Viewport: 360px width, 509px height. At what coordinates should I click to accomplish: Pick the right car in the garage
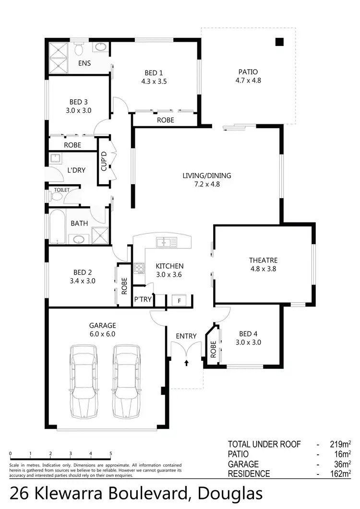(127, 381)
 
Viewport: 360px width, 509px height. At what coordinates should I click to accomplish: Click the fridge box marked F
(179, 301)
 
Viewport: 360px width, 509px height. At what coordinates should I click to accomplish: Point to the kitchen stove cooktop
(139, 268)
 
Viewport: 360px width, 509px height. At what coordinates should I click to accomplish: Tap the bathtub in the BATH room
(57, 226)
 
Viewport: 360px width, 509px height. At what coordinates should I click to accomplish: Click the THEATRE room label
(263, 260)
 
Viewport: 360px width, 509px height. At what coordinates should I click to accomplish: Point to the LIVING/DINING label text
(206, 176)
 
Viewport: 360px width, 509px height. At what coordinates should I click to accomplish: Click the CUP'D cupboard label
(103, 161)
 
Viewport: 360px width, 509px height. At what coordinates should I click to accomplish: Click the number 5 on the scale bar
(111, 454)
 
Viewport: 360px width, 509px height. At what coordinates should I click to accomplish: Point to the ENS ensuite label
(84, 63)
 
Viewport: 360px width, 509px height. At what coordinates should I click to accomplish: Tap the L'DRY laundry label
(76, 170)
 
